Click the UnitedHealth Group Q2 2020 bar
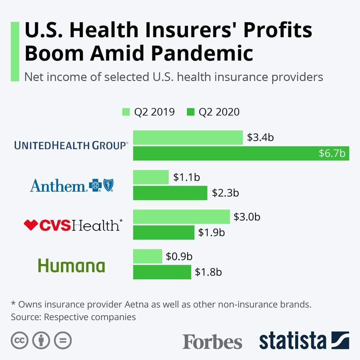[225, 153]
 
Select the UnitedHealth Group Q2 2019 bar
[188, 138]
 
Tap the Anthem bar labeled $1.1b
[151, 177]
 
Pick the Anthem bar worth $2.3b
[170, 193]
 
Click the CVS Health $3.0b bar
[181, 216]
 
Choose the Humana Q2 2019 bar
[148, 256]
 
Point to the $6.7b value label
[331, 153]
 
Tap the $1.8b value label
[208, 272]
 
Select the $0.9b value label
[179, 256]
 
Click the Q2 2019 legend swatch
[126, 112]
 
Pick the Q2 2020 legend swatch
[190, 112]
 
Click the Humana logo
[71, 265]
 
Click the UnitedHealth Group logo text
[71, 145]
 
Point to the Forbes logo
[212, 342]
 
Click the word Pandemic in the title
[202, 53]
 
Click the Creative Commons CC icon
[20, 340]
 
